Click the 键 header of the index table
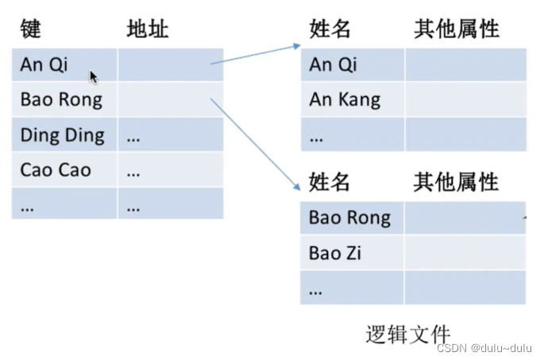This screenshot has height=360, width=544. point(30,29)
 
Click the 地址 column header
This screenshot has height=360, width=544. point(148,29)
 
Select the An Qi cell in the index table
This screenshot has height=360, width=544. point(64,65)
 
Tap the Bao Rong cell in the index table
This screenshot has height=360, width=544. point(64,99)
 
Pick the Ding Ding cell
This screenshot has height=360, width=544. point(64,134)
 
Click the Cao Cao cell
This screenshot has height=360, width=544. point(64,170)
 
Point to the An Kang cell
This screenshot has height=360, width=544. point(353,99)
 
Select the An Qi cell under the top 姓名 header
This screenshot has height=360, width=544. point(353,65)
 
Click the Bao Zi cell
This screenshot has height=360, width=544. point(352,253)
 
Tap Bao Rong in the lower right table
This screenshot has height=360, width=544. point(352,218)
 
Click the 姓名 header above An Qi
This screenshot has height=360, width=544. point(330,29)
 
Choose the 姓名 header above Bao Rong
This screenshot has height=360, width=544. point(330,181)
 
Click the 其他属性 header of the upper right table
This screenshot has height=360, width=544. point(457,29)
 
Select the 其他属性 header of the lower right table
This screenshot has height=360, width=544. point(456,181)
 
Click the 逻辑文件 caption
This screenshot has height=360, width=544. point(408,334)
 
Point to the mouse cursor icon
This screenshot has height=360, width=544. point(94,77)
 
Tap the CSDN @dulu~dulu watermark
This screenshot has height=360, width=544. point(484,348)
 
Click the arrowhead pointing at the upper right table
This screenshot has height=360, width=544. point(297,46)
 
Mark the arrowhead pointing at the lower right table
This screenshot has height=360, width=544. point(297,187)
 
